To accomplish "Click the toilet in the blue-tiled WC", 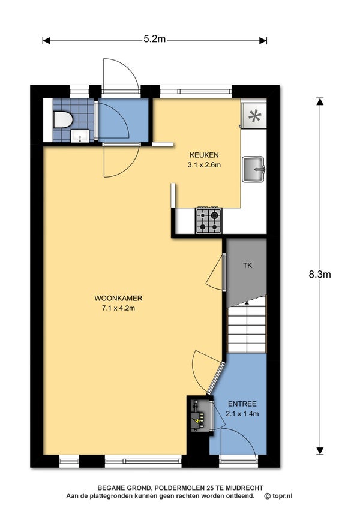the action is [63, 119].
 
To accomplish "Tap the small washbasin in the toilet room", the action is [80, 136].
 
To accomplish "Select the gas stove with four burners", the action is [209, 220].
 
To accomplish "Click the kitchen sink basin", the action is [254, 169].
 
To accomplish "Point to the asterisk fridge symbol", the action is [254, 116].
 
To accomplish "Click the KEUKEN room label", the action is [204, 155].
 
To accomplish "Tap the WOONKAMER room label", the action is [118, 299].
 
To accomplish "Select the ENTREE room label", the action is [242, 404].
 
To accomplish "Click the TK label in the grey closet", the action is [248, 266].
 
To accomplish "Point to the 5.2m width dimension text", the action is [155, 39].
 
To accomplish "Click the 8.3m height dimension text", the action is [319, 275].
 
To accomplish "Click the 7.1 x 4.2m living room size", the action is [118, 308].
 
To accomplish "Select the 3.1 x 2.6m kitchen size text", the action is [204, 164].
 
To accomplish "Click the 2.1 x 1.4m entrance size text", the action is [242, 414].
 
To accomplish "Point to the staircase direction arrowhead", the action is [247, 303].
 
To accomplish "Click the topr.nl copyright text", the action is [278, 496].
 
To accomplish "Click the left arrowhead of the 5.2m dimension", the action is [46, 41].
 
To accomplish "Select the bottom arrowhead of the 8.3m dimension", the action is [320, 451].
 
